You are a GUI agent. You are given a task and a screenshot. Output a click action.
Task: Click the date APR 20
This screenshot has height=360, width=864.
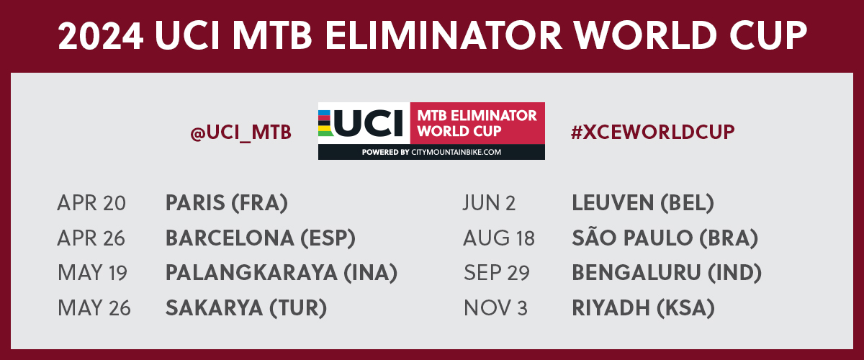[x=91, y=203]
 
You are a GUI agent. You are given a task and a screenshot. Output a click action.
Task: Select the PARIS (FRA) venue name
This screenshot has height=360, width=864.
[x=227, y=203]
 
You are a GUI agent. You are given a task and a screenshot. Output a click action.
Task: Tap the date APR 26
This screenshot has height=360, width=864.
[x=91, y=238]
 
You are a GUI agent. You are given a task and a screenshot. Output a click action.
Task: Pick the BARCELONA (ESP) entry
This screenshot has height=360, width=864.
[x=261, y=238]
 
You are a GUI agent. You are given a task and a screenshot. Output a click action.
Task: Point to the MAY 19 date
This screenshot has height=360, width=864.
[x=92, y=273]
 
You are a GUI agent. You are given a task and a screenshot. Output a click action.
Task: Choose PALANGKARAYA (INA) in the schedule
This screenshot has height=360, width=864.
[x=282, y=273]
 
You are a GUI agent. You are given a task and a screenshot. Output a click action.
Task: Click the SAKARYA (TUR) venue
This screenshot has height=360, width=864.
[x=246, y=308]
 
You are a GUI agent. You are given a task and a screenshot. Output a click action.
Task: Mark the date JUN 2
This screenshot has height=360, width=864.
[x=489, y=203]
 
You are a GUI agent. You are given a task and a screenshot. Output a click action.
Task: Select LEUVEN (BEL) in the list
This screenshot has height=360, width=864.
[x=643, y=203]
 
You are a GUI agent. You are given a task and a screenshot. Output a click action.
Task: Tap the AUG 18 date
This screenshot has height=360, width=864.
[x=499, y=238]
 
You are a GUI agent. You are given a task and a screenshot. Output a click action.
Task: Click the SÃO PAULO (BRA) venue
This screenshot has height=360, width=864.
[x=665, y=236]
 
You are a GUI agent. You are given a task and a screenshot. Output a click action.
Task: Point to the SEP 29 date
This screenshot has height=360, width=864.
[x=497, y=273]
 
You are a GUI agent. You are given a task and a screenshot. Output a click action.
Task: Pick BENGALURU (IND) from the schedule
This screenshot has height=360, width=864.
[x=667, y=273]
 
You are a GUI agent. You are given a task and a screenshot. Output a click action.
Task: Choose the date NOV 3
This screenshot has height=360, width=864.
[x=495, y=308]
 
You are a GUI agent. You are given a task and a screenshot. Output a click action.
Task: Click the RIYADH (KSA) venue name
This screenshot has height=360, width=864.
[x=644, y=308]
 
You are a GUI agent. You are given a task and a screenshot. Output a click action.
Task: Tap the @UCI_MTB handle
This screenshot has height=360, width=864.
[x=241, y=132]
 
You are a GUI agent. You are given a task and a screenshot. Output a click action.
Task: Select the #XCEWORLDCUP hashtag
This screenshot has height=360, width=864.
[x=652, y=132]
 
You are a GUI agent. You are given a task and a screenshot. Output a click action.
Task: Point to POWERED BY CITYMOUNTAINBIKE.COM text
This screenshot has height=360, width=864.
[x=431, y=152]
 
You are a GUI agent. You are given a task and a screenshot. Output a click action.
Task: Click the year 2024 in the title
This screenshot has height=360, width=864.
[x=101, y=35]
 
